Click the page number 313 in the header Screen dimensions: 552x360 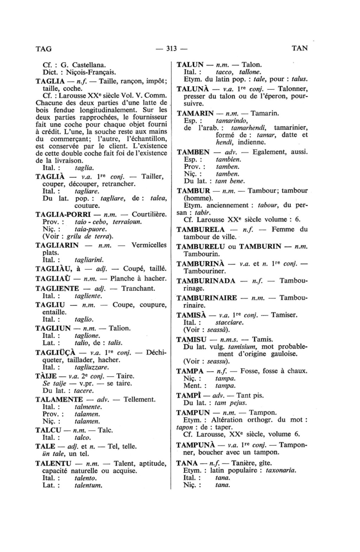coord(171,48)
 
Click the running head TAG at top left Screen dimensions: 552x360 coord(44,49)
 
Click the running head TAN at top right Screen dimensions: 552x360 coord(300,48)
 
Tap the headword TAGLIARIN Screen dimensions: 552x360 coord(57,245)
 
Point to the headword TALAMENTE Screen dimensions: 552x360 coord(59,399)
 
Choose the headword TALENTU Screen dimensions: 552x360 coord(53,463)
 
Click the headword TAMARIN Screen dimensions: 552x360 coord(195,113)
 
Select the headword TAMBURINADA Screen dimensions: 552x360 coord(206,281)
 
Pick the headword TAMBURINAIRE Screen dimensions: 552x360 coord(207,298)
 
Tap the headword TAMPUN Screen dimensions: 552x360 coord(193,412)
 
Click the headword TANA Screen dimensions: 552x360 coord(187,463)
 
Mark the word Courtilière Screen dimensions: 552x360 coord(149,214)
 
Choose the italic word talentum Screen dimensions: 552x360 coord(88,486)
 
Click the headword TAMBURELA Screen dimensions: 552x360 coord(200,229)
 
